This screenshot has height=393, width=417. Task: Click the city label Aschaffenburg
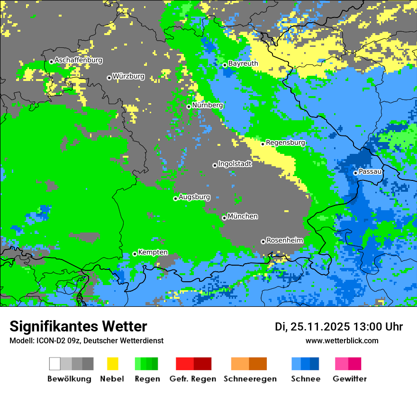point(78,60)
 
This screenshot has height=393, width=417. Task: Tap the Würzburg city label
point(128,76)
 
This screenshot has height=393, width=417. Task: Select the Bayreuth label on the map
point(243,63)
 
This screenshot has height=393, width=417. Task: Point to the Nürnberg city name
point(208,105)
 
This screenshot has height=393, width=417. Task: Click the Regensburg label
point(285,143)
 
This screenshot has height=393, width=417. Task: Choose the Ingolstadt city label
point(235,164)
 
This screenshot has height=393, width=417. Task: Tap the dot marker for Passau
point(355,173)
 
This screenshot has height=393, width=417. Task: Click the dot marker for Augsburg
point(175,198)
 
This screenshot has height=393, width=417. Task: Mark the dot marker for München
point(224,218)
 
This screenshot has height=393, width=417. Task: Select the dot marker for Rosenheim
point(263,241)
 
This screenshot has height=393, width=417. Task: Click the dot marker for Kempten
point(135,254)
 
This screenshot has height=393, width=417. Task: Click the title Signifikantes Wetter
point(78,326)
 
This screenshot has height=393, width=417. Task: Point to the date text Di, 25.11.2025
point(312,327)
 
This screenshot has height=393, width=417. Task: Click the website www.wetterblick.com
point(342,341)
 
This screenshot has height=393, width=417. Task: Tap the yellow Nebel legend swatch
point(112,364)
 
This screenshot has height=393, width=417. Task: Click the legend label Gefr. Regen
point(193,379)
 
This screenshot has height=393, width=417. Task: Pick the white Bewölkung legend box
point(55,364)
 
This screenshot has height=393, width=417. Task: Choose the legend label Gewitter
point(349,379)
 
